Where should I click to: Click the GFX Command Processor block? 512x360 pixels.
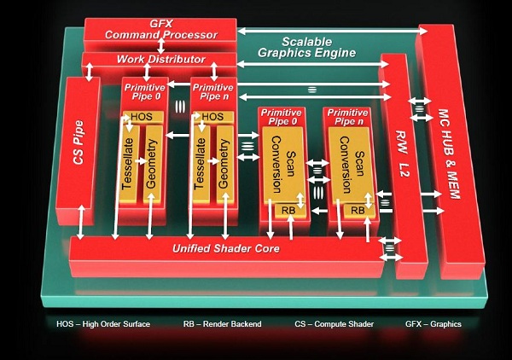point(160,30)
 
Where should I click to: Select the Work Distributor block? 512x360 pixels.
point(160,60)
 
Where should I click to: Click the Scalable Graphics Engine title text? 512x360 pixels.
point(306,47)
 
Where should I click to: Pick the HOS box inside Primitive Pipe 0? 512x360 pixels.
point(143,117)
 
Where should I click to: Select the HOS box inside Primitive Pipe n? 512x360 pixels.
point(214,117)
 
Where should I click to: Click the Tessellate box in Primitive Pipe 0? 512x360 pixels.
point(128,164)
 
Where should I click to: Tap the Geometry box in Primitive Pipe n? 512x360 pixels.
point(225,163)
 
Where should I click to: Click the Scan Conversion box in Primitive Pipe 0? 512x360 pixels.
point(282,164)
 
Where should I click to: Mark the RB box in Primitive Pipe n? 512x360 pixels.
point(358,210)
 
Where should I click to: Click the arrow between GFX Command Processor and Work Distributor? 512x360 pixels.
point(160,46)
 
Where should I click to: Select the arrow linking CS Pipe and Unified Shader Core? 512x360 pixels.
point(81,222)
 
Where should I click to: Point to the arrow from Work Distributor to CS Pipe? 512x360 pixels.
point(89,73)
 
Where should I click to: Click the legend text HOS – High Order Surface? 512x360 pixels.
point(103,324)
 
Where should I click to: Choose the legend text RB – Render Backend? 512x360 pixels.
point(223,324)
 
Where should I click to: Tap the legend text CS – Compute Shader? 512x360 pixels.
point(334,324)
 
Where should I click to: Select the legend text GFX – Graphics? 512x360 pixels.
point(433,324)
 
